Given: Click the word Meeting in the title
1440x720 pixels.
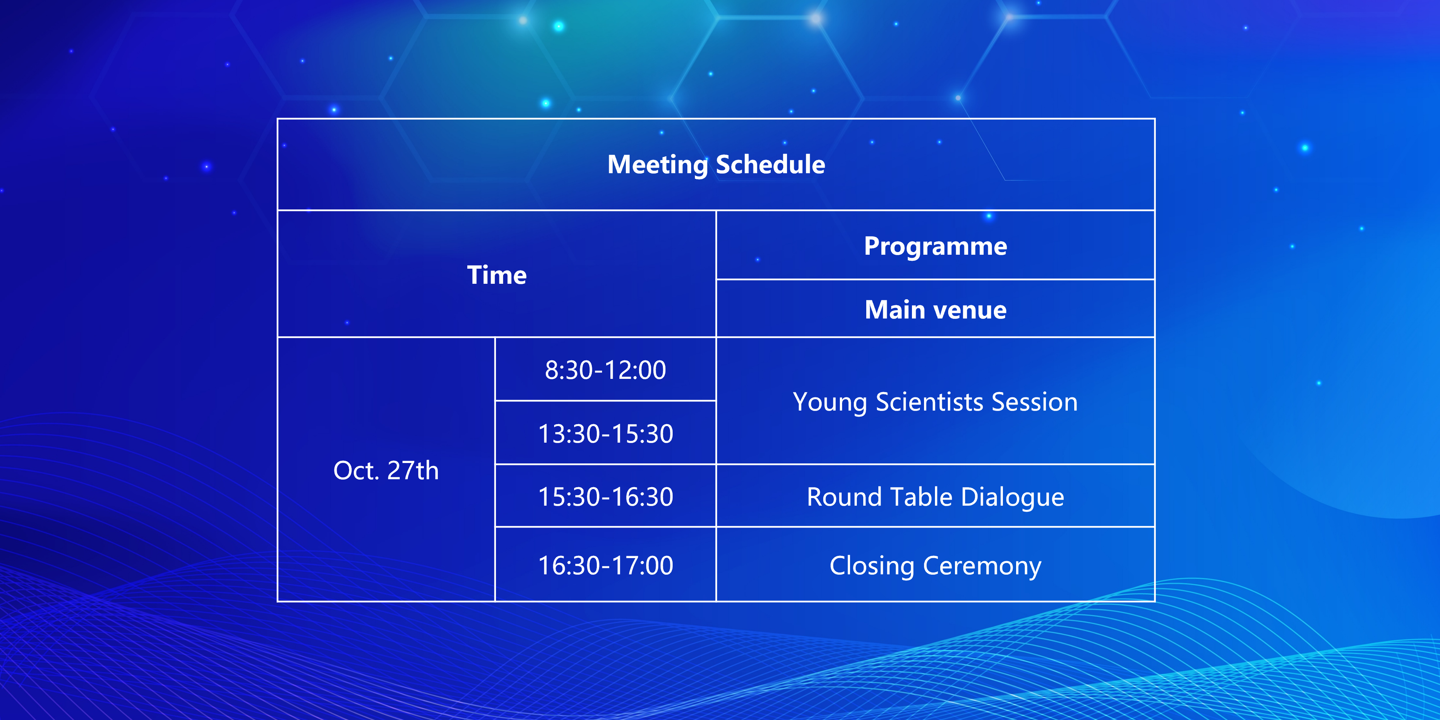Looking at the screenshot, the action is [x=658, y=165].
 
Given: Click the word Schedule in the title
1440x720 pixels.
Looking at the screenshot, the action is [x=770, y=165].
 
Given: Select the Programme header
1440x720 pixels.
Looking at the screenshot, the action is [x=936, y=246].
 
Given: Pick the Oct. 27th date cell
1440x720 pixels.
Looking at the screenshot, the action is [x=386, y=470].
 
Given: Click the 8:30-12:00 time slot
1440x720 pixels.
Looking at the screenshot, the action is [x=605, y=370].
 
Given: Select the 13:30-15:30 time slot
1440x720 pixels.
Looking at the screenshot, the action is [x=605, y=434].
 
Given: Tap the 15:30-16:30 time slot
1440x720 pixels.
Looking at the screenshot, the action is [x=605, y=497].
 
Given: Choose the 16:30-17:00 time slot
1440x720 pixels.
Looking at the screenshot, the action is [x=605, y=566].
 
